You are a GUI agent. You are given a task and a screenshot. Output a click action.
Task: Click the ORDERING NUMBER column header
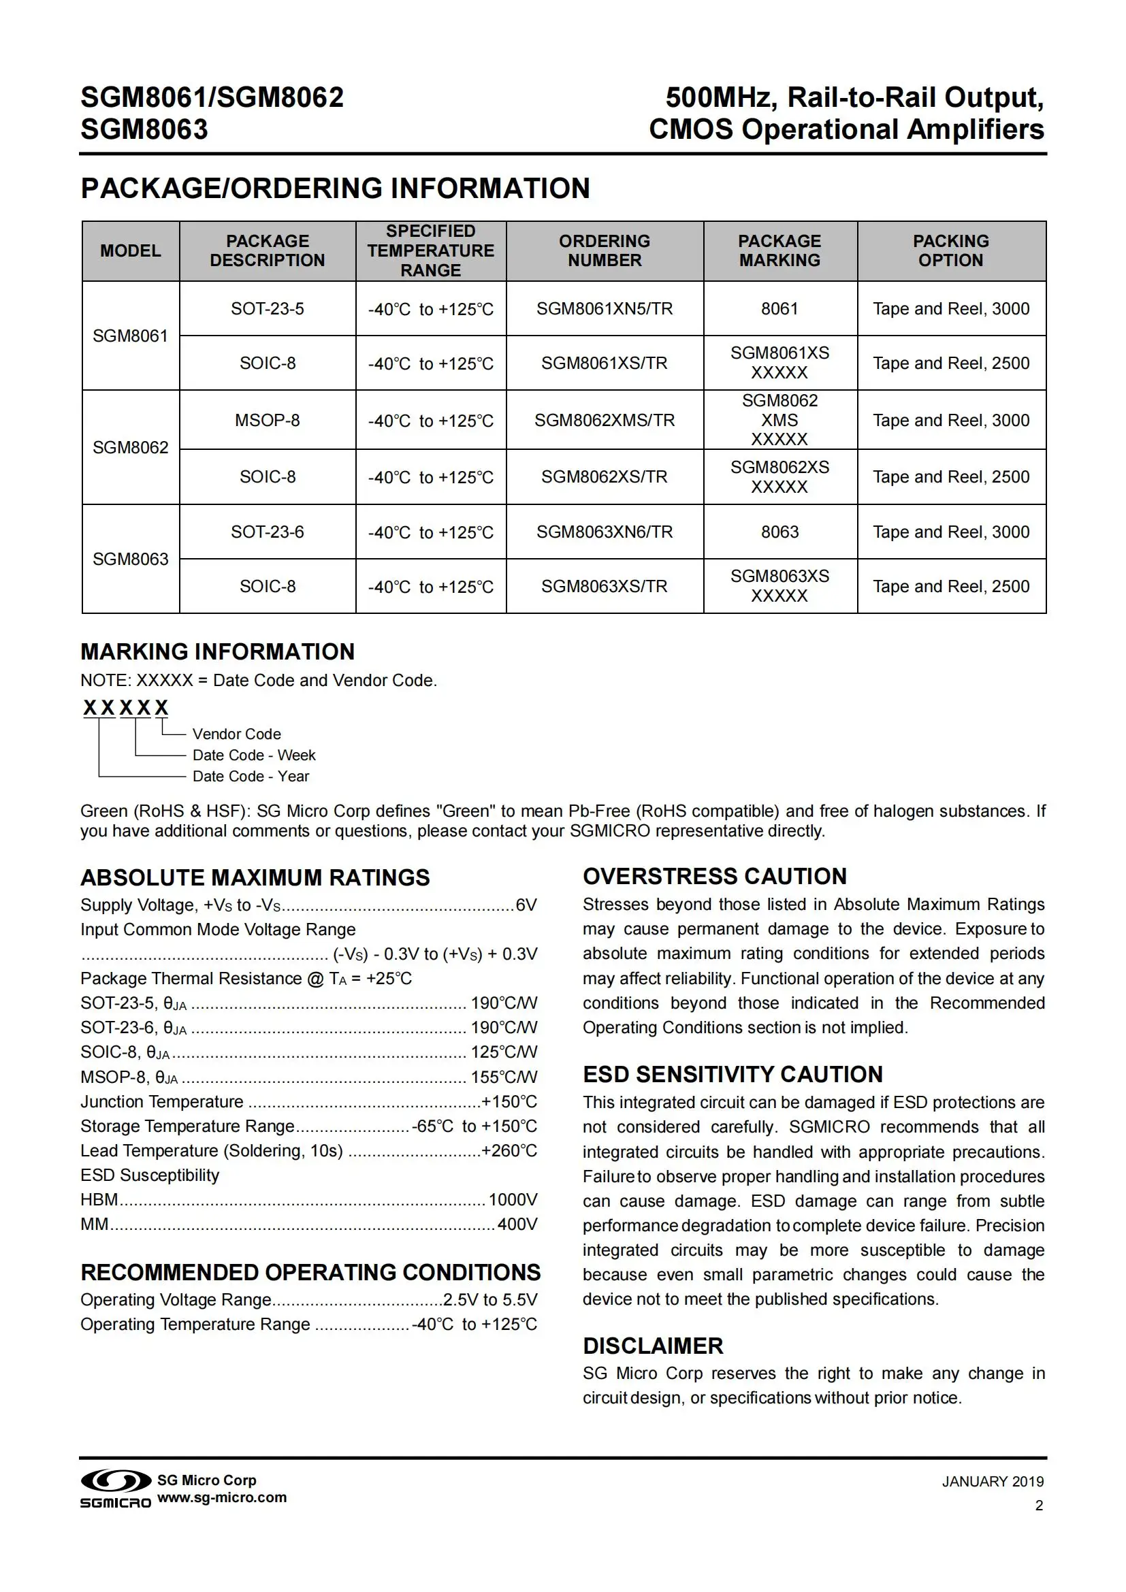pyautogui.click(x=604, y=250)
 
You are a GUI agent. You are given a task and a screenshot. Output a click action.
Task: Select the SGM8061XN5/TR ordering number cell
pyautogui.click(x=604, y=308)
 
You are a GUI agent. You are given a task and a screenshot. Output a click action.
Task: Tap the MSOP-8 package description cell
pyautogui.click(x=267, y=420)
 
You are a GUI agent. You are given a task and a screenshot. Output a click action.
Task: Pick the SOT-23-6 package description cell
pyautogui.click(x=267, y=532)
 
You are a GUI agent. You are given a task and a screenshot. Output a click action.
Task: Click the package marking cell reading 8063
pyautogui.click(x=779, y=532)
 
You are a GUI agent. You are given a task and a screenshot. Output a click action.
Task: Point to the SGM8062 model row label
pyautogui.click(x=130, y=447)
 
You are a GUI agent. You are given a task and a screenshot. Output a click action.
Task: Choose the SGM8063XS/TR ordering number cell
pyautogui.click(x=604, y=587)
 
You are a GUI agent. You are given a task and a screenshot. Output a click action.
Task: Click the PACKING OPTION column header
pyautogui.click(x=950, y=250)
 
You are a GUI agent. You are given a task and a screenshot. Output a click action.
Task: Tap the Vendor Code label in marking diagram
pyautogui.click(x=236, y=734)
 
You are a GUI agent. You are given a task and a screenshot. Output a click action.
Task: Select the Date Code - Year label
pyautogui.click(x=251, y=776)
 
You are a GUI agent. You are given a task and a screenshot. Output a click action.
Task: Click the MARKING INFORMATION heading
pyautogui.click(x=217, y=652)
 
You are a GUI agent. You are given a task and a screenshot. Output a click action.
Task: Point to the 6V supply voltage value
pyautogui.click(x=526, y=905)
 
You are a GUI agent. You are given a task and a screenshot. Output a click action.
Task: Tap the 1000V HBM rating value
pyautogui.click(x=513, y=1199)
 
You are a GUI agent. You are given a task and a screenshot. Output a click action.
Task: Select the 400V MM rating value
pyautogui.click(x=517, y=1224)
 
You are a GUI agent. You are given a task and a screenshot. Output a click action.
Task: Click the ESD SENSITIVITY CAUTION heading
pyautogui.click(x=733, y=1074)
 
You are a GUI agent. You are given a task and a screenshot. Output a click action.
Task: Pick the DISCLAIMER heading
pyautogui.click(x=652, y=1346)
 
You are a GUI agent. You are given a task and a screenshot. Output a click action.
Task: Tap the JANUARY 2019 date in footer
pyautogui.click(x=992, y=1482)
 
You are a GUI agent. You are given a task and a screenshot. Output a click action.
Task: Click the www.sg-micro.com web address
pyautogui.click(x=222, y=1497)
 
